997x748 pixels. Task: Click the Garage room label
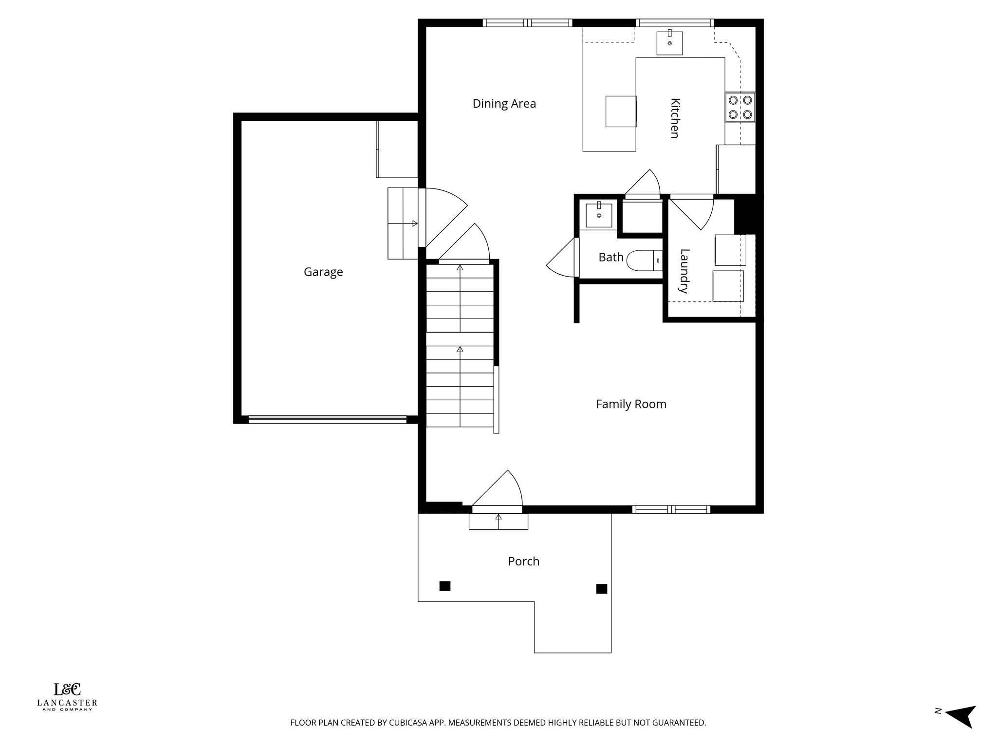click(x=323, y=272)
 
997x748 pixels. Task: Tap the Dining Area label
click(x=504, y=104)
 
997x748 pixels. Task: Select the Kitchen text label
click(x=675, y=118)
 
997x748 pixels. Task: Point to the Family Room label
click(x=631, y=404)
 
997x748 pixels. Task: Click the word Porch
click(x=523, y=561)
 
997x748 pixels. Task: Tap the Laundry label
click(x=684, y=271)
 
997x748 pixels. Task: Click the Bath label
click(x=611, y=257)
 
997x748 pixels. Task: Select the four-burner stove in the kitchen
click(x=740, y=108)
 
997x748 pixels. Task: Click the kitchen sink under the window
click(x=669, y=43)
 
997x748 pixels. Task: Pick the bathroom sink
click(x=599, y=215)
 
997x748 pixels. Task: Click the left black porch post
click(x=445, y=586)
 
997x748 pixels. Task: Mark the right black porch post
click(x=602, y=589)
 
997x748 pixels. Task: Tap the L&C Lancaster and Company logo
click(x=67, y=697)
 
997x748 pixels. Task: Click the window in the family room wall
click(x=671, y=509)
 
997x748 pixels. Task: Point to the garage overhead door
click(x=327, y=419)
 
